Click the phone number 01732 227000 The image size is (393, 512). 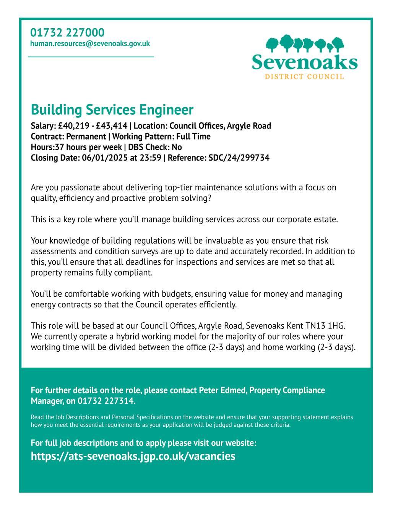67,33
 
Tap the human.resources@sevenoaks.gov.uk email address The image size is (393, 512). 90,44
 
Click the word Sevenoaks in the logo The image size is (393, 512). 304,62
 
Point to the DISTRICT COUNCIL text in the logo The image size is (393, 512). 304,77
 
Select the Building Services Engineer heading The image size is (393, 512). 112,110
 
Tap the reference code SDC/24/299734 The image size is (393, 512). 239,158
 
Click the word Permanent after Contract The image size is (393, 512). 86,137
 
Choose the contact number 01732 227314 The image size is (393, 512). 106,401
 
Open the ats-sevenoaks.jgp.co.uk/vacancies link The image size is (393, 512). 133,456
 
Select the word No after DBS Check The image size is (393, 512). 177,147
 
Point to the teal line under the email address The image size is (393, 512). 91,57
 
